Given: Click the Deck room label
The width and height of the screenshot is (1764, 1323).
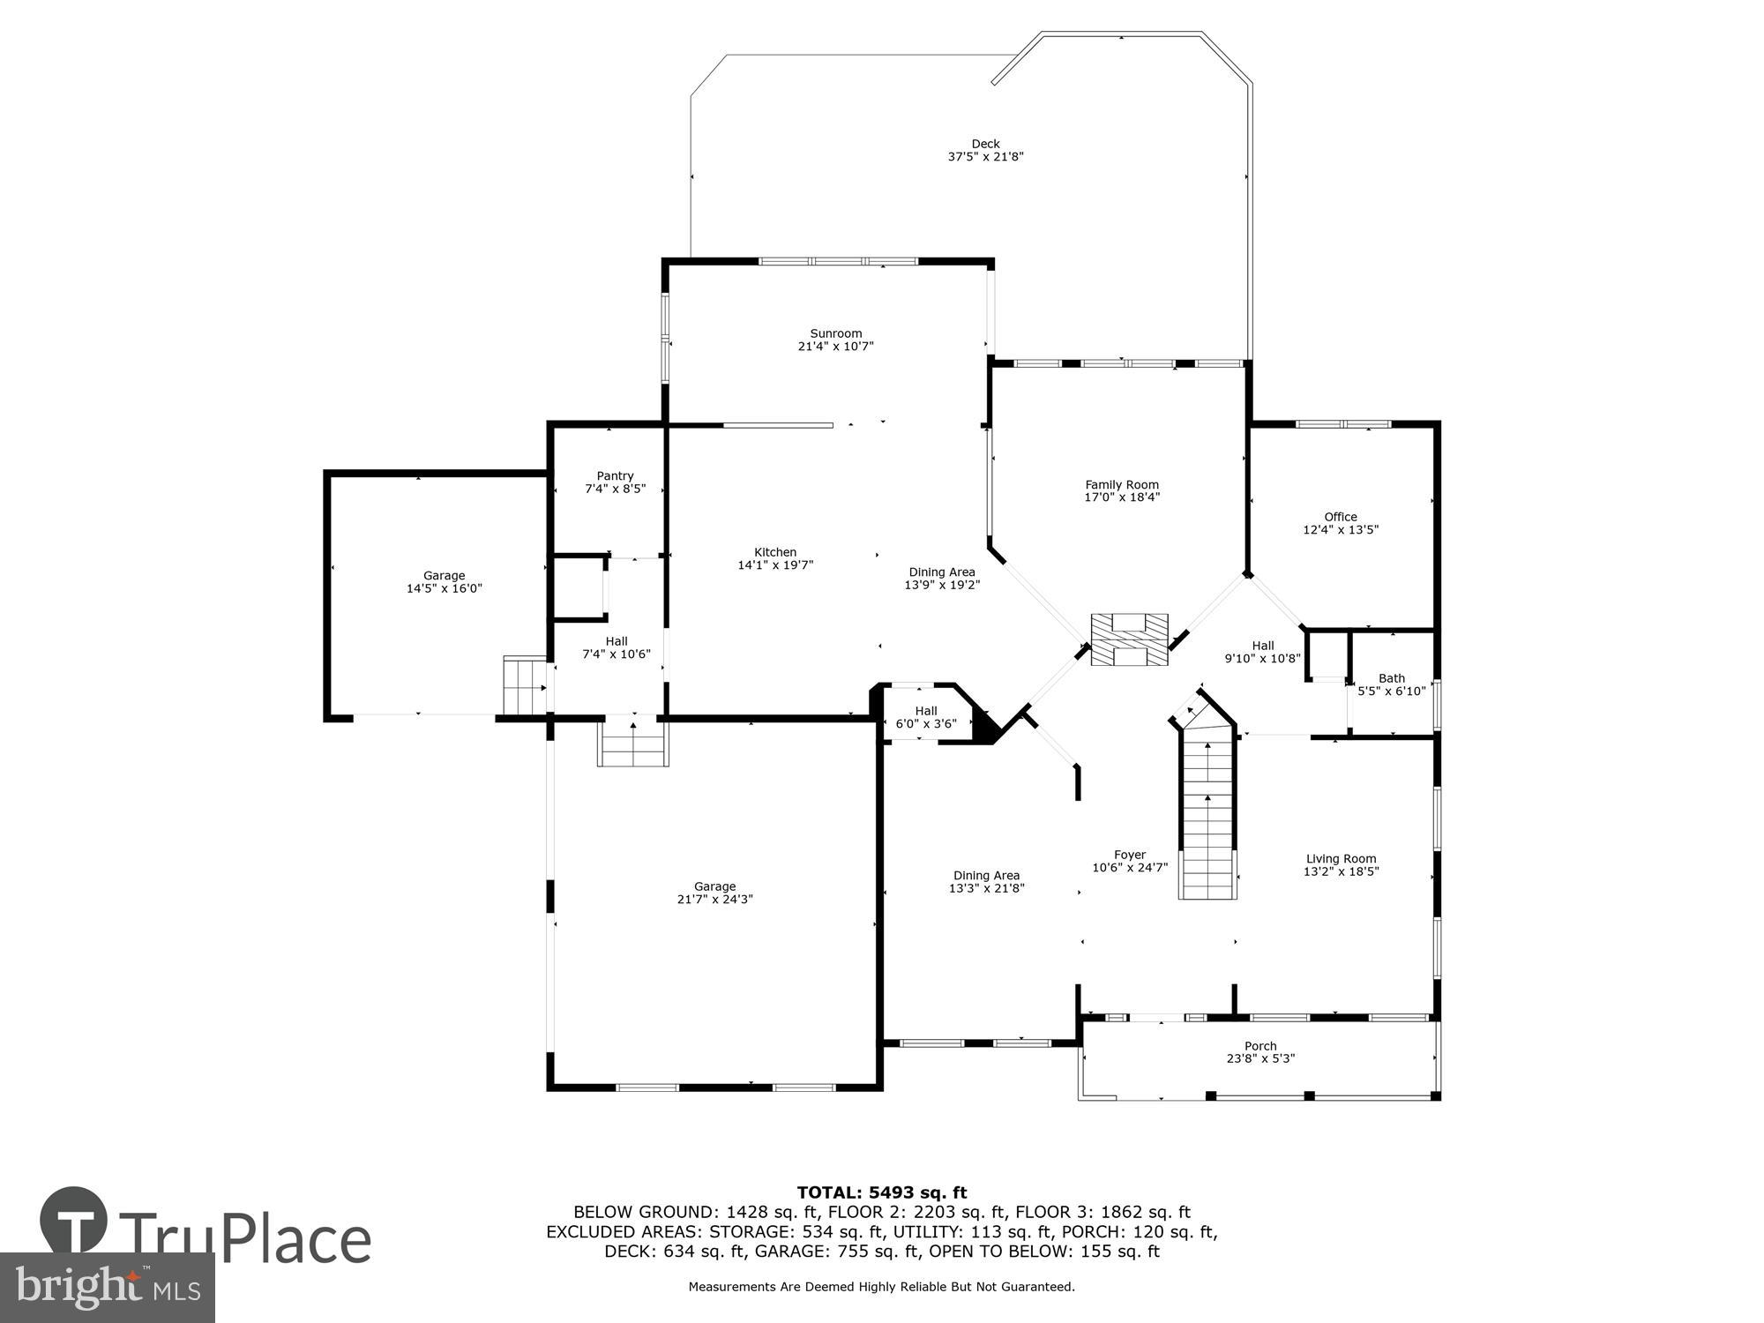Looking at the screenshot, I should tap(985, 144).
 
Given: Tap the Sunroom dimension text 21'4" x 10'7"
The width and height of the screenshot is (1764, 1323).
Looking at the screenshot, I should tap(835, 347).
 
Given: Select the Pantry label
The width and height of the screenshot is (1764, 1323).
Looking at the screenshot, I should tap(615, 476).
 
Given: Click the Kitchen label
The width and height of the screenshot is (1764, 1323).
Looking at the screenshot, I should tap(774, 552).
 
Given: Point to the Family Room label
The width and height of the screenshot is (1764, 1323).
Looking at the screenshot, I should tap(1121, 484).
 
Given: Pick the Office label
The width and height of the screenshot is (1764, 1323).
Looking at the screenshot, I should tap(1340, 517).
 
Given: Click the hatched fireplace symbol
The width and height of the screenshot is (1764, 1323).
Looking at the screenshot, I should tap(1129, 639).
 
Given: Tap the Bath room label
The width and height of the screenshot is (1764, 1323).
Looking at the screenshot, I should tap(1391, 678).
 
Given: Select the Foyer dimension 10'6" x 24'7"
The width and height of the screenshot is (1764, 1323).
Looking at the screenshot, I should tap(1129, 868).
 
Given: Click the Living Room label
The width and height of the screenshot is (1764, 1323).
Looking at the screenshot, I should tap(1341, 858).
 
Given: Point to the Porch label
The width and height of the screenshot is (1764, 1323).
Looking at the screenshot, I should tap(1259, 1046).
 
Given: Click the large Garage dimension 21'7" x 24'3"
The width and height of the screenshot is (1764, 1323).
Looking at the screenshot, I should tap(714, 900).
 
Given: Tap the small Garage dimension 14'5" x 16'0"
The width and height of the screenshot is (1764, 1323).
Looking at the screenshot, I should tap(444, 588).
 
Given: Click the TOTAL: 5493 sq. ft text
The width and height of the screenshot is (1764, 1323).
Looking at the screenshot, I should tap(881, 1193).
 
